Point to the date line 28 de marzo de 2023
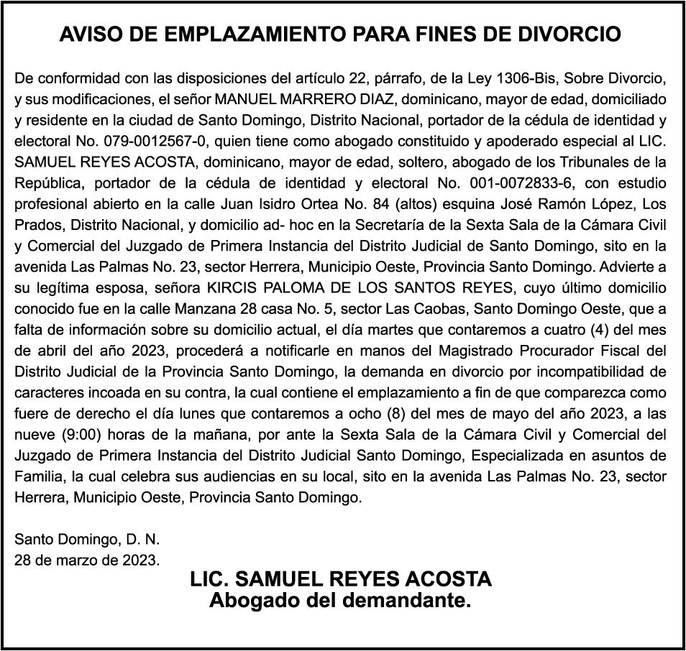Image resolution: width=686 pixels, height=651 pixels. coord(88,558)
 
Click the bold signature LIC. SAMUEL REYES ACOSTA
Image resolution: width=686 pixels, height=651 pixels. coord(341,579)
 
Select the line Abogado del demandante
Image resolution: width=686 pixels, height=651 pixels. coord(340,600)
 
